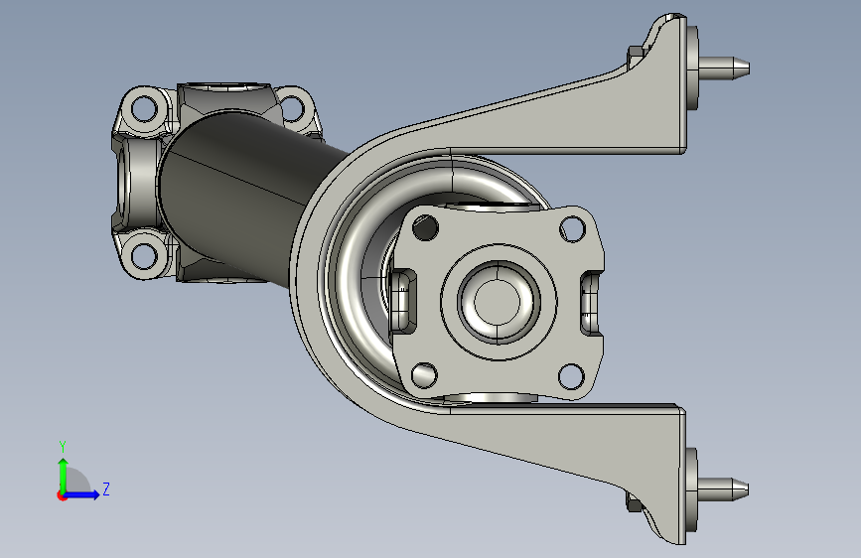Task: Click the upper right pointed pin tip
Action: (x=749, y=69)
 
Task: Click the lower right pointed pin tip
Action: (x=748, y=488)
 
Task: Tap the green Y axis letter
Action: (x=63, y=447)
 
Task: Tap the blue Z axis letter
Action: (x=106, y=488)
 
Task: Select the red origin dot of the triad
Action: (x=61, y=495)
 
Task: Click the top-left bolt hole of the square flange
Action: (x=425, y=227)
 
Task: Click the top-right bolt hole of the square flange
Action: (x=572, y=228)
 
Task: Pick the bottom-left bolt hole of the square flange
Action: (x=424, y=375)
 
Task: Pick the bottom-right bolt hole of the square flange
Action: (x=571, y=376)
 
